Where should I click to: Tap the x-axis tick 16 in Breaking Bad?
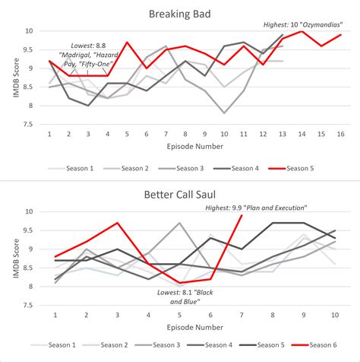[x=340, y=134]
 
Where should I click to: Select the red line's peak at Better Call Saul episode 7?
[x=242, y=215]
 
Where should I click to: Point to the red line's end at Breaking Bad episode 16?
[x=340, y=35]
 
